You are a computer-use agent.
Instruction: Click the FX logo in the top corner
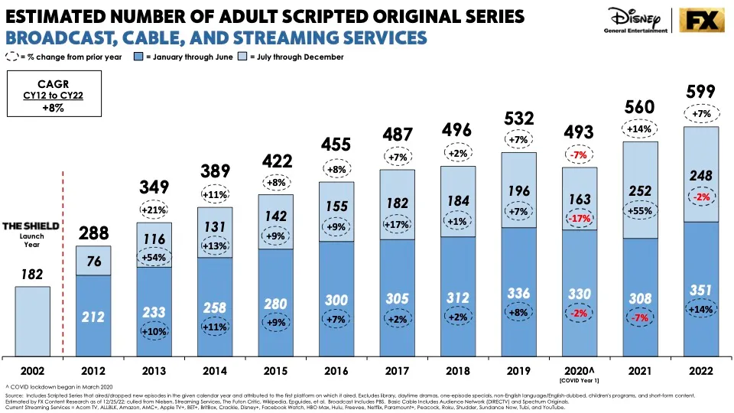[701, 20]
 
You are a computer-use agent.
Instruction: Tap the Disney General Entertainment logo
[639, 20]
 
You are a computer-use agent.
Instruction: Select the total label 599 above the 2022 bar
[700, 92]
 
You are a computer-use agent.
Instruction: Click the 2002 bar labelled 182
[32, 321]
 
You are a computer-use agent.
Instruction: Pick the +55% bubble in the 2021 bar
[639, 210]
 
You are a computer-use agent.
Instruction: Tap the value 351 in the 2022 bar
[700, 290]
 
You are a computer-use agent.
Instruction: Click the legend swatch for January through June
[138, 57]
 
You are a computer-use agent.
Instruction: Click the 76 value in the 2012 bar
[93, 262]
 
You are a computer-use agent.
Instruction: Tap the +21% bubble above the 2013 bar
[154, 210]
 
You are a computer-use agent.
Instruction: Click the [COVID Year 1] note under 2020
[579, 380]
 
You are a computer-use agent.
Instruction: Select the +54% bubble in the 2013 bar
[154, 259]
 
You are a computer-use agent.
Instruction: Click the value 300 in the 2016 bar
[336, 299]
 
